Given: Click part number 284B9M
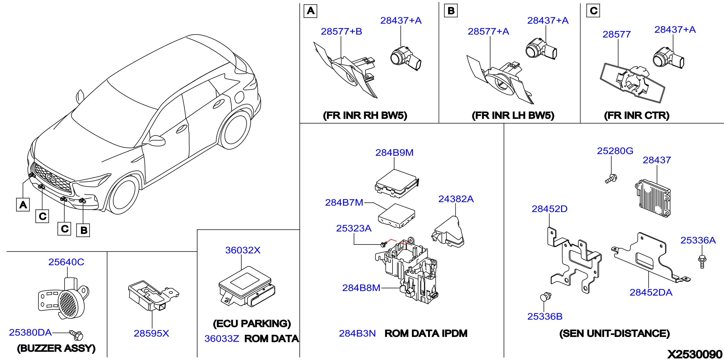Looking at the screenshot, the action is click(x=394, y=153).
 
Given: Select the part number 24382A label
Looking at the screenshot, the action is click(x=456, y=199).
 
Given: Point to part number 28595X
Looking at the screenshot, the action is click(x=151, y=333).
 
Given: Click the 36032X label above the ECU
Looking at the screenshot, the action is click(x=243, y=250).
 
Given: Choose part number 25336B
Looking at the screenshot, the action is click(x=545, y=317).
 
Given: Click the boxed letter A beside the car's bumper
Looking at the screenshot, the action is click(x=23, y=205).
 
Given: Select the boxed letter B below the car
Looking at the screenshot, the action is click(x=83, y=230).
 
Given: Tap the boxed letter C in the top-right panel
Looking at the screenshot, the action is click(x=593, y=11).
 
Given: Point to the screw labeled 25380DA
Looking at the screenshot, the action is click(x=77, y=335).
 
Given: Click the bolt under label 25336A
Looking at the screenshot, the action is click(x=702, y=262).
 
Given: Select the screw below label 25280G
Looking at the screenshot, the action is click(x=611, y=179).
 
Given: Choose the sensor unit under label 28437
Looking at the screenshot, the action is click(x=653, y=199).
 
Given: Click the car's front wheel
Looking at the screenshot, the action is click(x=124, y=195).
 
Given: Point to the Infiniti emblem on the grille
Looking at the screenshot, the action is click(x=50, y=178).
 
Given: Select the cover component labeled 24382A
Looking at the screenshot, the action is click(x=448, y=232).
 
